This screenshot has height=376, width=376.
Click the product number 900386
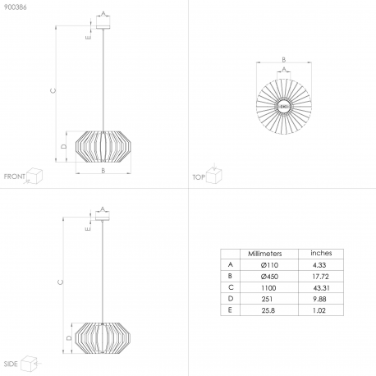(15, 7)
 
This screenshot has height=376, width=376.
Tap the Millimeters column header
(264, 254)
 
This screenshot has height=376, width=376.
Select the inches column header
(321, 253)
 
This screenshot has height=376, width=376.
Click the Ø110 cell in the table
(269, 265)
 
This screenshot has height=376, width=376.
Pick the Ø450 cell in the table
(269, 277)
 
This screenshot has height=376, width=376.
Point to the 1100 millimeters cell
(268, 288)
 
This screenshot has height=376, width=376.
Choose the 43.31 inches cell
(321, 288)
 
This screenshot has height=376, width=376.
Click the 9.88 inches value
(319, 299)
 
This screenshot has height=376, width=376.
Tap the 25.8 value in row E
(268, 310)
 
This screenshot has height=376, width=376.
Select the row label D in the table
(231, 299)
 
